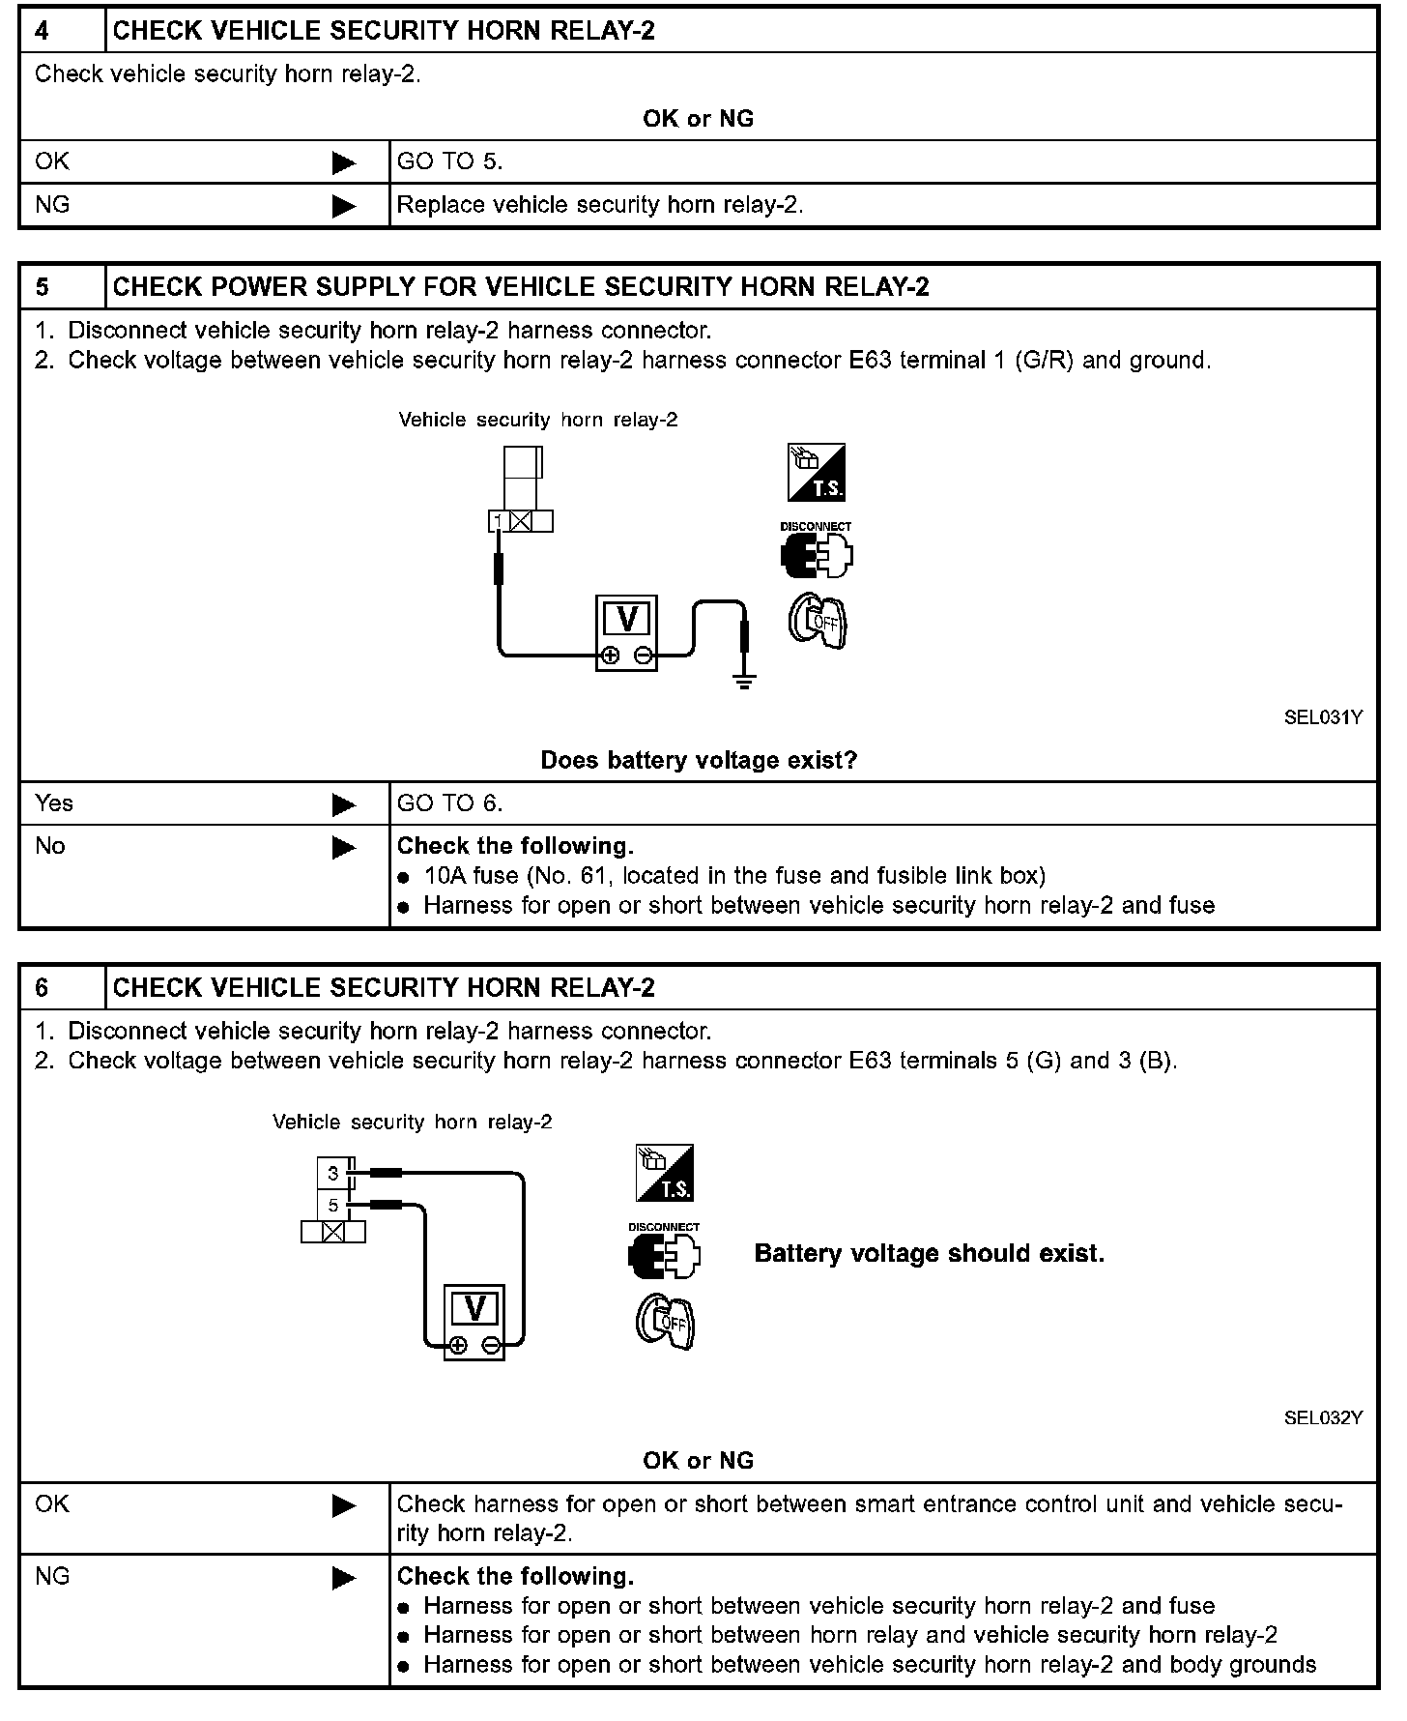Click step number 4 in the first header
coord(43,31)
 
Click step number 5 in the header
coord(43,287)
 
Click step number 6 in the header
coord(43,987)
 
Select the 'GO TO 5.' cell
coord(450,161)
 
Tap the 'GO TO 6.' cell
coord(450,803)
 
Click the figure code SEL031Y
coord(1323,717)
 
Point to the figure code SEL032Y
coord(1323,1417)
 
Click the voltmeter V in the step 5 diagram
coord(626,620)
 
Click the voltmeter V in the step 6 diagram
coord(474,1309)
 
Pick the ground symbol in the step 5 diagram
coord(744,683)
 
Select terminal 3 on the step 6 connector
coord(333,1174)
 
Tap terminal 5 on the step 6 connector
coord(333,1206)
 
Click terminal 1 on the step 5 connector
coord(499,522)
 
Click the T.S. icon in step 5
coord(817,473)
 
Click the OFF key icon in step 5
coord(818,622)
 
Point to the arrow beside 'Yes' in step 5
coord(343,804)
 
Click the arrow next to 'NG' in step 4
coord(343,206)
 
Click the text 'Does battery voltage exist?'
coord(699,760)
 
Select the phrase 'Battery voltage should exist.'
coord(929,1254)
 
